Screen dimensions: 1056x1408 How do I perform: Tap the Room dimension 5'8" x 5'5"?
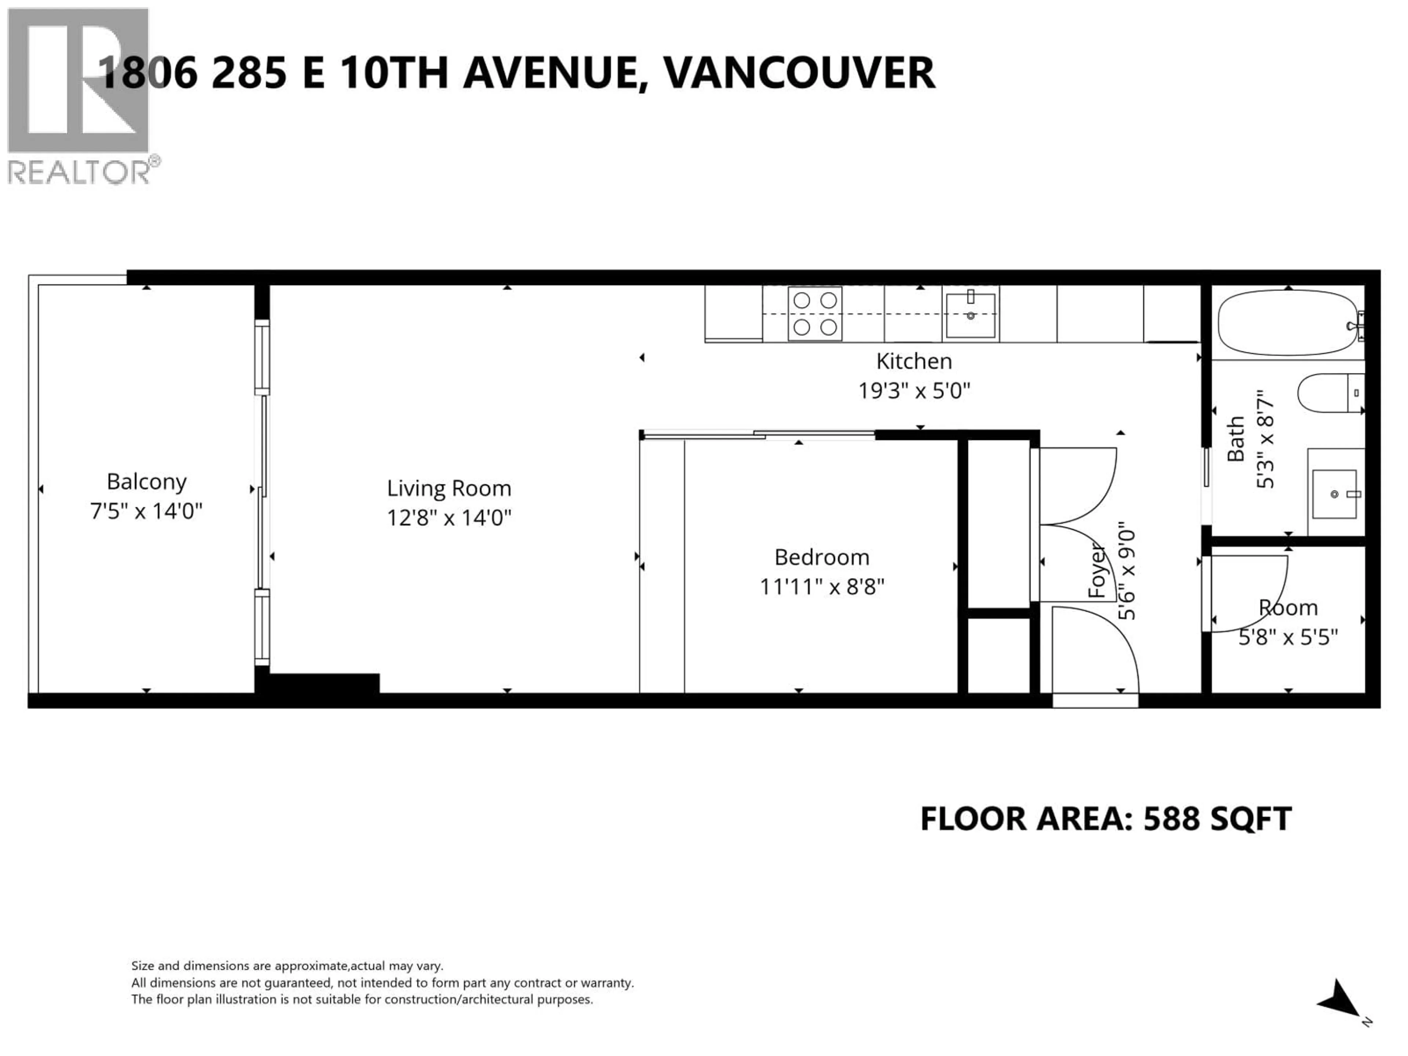point(1288,637)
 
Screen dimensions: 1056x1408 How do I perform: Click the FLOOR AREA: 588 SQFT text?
point(1105,818)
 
